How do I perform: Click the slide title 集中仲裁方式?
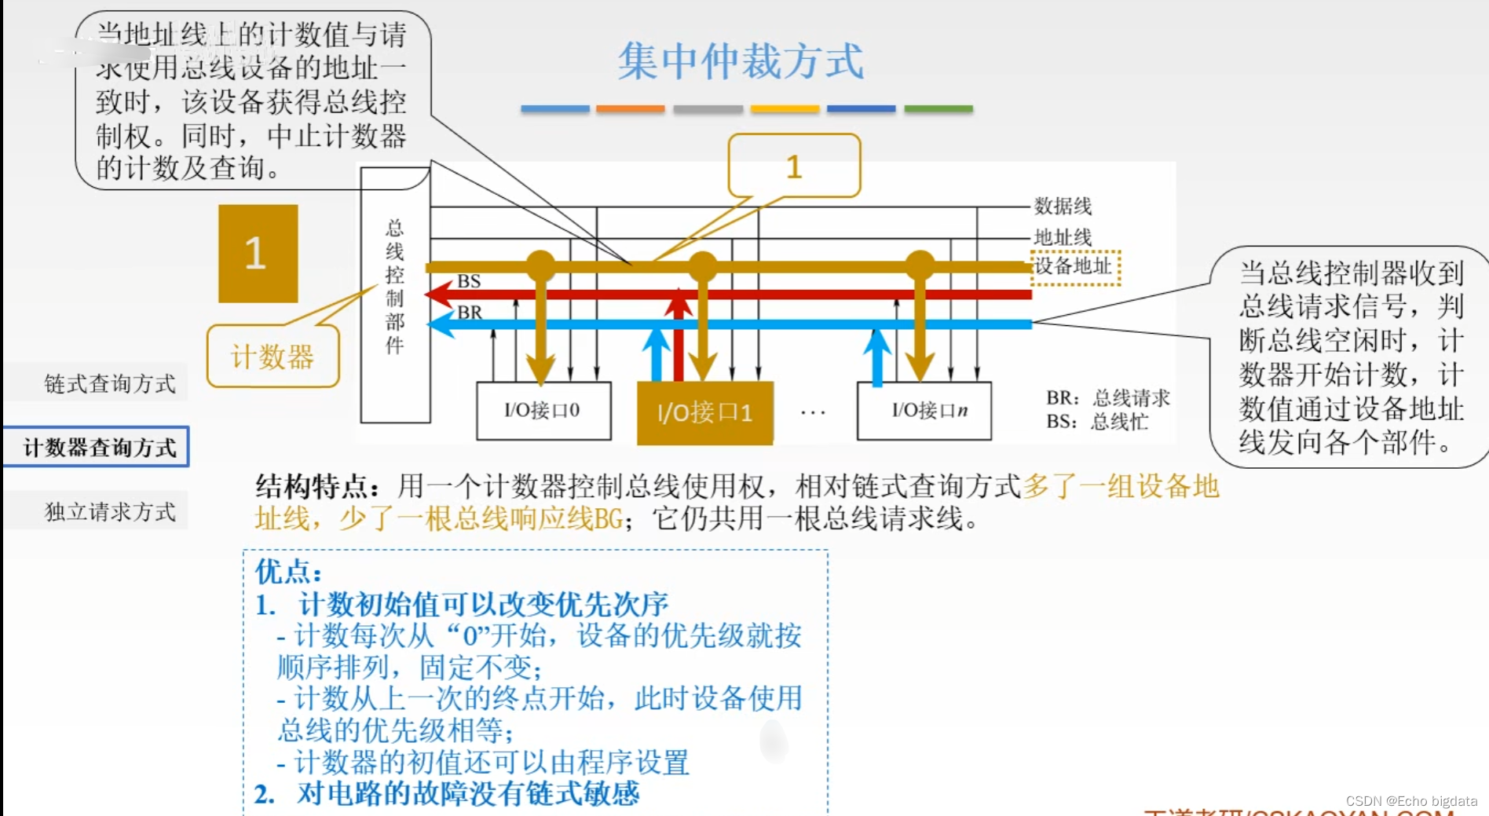[740, 61]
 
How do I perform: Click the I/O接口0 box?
[543, 411]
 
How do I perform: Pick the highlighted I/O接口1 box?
[704, 412]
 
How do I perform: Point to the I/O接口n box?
[924, 411]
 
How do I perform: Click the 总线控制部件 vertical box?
[394, 295]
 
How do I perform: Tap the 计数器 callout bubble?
[273, 357]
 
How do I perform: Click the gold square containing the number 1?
[258, 254]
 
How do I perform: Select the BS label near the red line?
[469, 281]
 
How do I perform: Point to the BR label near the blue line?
[470, 312]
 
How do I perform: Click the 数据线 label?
[1062, 207]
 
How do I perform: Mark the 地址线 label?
[1062, 236]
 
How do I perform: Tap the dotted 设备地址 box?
[1074, 267]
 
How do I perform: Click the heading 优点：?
[288, 571]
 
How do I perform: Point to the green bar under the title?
[938, 109]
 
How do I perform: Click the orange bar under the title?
[630, 109]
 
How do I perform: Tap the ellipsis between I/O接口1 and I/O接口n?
[813, 412]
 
